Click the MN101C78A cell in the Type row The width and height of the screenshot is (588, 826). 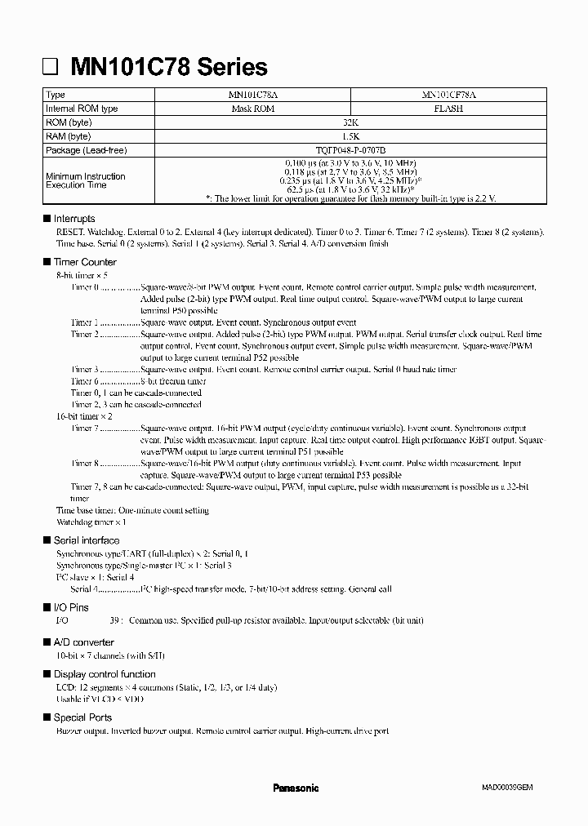[252, 95]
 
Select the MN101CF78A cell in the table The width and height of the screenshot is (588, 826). [448, 95]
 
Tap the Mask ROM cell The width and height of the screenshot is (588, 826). [252, 109]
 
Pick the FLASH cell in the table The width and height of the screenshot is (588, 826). [448, 109]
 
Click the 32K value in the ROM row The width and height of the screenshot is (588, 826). [350, 122]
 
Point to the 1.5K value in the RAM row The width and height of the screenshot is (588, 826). [350, 136]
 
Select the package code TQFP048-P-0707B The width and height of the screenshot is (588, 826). [350, 150]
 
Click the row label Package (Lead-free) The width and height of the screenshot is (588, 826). [87, 150]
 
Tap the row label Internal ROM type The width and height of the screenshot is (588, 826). [82, 109]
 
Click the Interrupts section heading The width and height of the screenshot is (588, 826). [73, 219]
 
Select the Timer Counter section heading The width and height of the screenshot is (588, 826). [85, 262]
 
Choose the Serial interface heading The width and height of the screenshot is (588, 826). [86, 540]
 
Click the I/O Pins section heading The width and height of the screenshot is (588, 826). [71, 607]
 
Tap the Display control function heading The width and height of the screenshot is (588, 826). [105, 674]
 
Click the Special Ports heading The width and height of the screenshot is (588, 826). [82, 717]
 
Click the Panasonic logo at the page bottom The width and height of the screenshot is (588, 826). [295, 788]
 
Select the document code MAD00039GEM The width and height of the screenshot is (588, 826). [506, 788]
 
